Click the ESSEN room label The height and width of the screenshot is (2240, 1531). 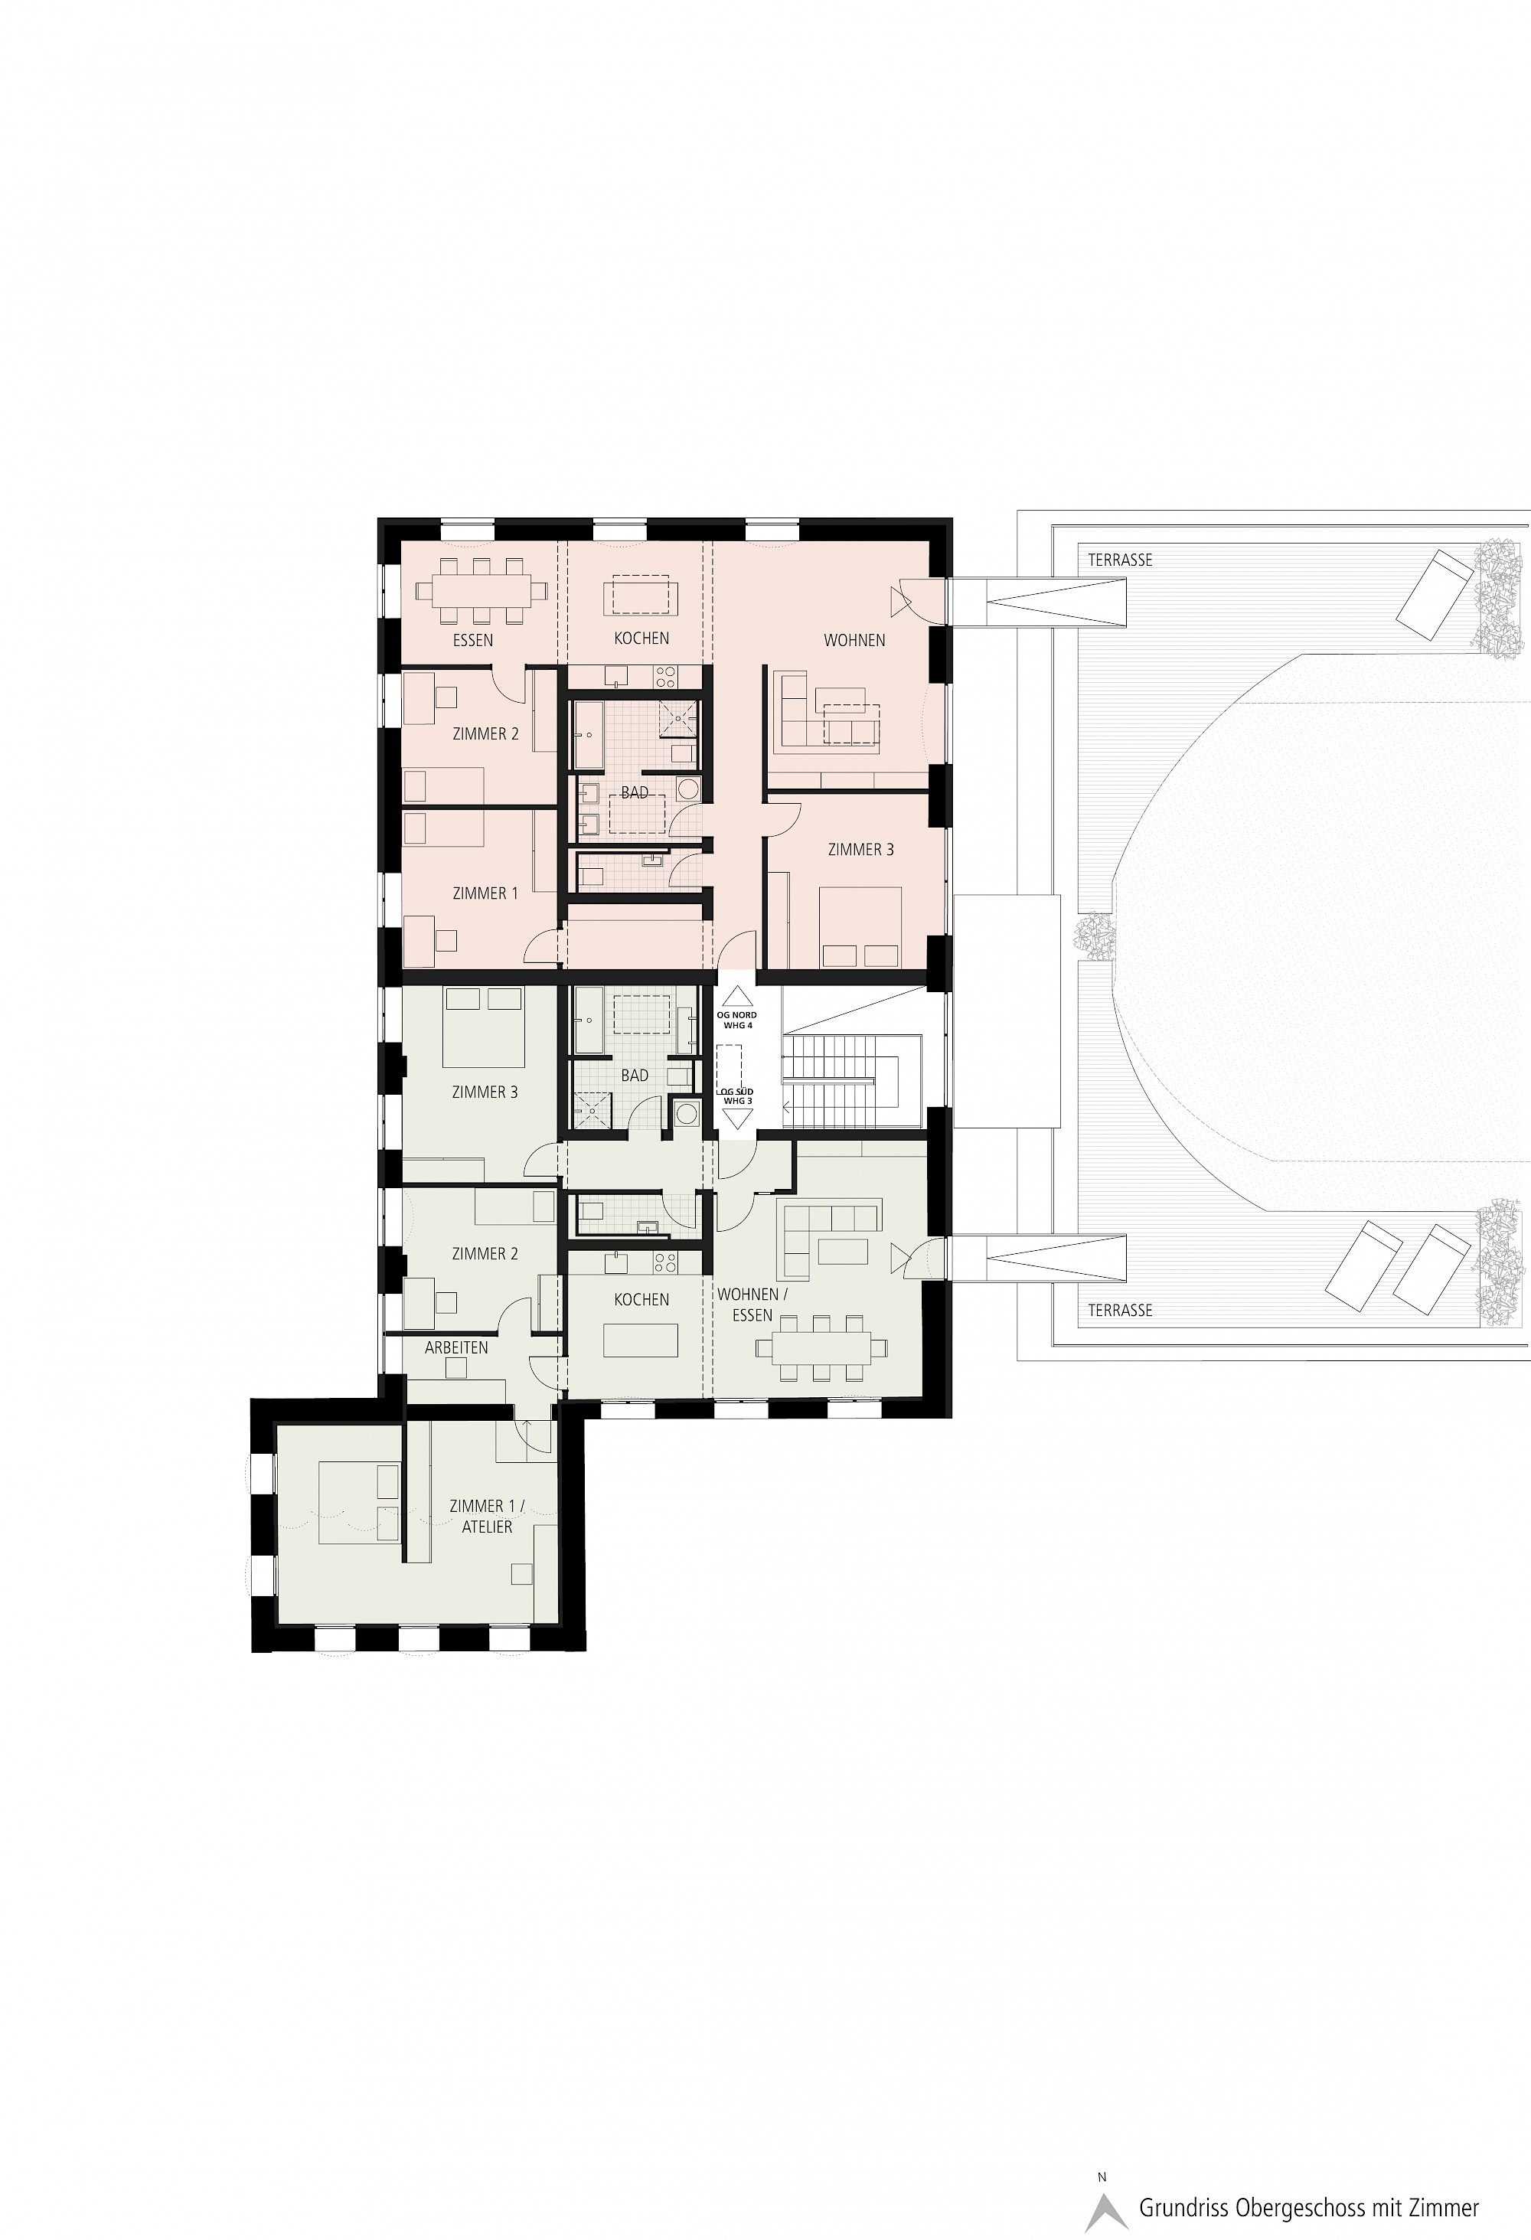point(473,640)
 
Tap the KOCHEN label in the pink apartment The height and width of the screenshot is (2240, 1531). point(641,638)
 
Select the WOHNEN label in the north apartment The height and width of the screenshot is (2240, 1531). point(854,640)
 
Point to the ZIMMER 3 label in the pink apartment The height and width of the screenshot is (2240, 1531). point(861,849)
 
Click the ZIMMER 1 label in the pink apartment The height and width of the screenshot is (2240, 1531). point(485,893)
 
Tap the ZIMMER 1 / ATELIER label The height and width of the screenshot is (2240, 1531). point(488,1516)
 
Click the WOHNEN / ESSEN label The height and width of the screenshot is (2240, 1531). point(752,1304)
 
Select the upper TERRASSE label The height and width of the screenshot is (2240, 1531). point(1121,559)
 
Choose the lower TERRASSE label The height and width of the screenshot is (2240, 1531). point(1121,1310)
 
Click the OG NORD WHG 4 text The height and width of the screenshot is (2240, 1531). point(737,1020)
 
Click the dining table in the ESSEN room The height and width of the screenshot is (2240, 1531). point(481,591)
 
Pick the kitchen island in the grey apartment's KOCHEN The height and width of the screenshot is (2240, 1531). point(641,1340)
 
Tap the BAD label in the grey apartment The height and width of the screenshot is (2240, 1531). point(635,1075)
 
